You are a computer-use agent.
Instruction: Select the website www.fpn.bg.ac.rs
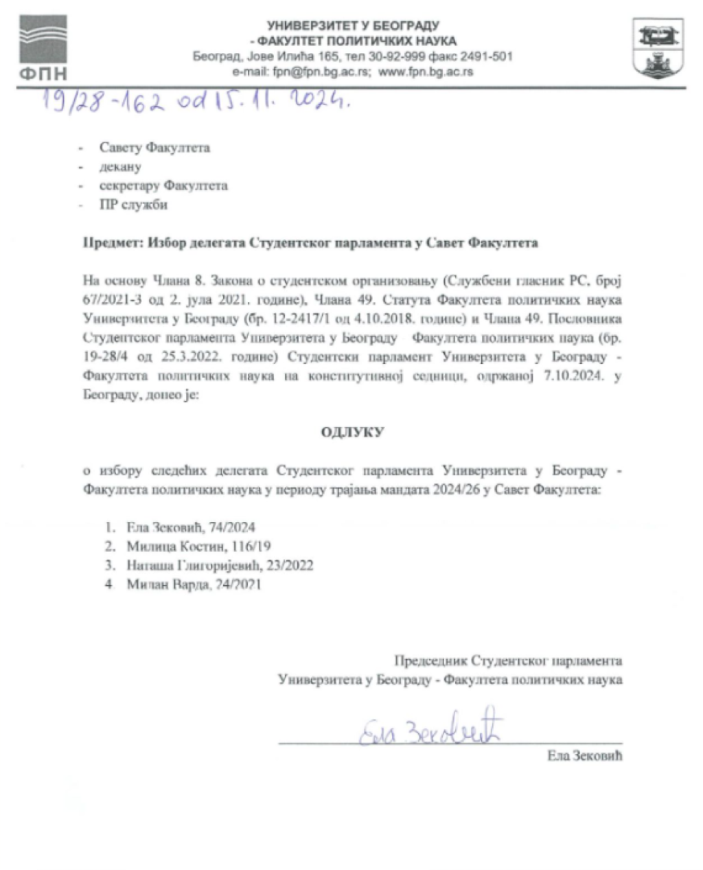click(426, 71)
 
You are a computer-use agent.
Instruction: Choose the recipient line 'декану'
click(121, 167)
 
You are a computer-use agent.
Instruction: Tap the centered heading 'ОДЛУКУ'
click(352, 433)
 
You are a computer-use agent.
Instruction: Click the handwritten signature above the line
click(430, 729)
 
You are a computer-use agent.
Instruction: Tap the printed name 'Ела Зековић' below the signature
click(585, 756)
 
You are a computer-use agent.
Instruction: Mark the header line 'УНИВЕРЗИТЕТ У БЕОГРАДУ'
click(353, 26)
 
